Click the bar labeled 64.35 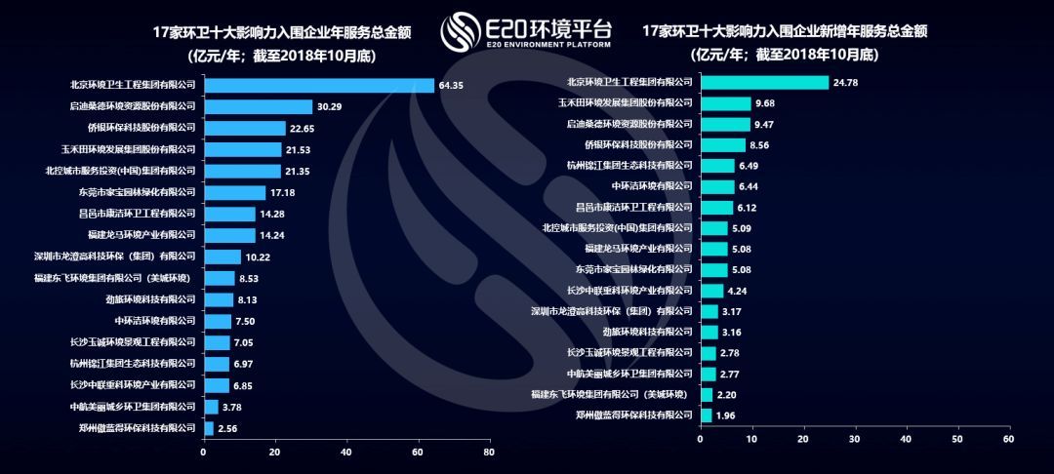(318, 86)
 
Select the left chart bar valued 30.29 (258, 107)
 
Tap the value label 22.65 (304, 128)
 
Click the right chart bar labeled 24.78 (764, 83)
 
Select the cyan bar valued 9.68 (725, 103)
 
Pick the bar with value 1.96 (706, 415)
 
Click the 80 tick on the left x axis (489, 453)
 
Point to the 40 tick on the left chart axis (346, 453)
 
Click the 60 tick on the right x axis (1008, 440)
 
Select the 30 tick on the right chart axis (854, 440)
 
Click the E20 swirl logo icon (460, 33)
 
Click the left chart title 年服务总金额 (282, 32)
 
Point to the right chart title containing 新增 (784, 32)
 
